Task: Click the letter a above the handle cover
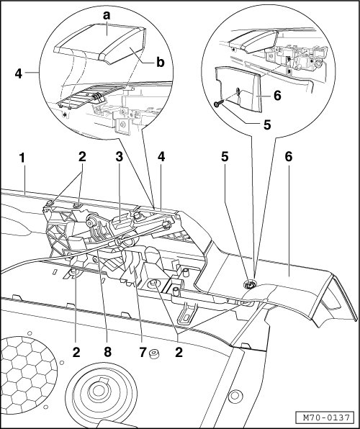(x=107, y=15)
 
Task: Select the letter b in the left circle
(x=161, y=62)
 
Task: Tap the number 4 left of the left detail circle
(x=18, y=73)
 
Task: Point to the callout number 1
(x=22, y=158)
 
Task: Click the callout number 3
(x=119, y=157)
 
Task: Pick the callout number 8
(x=107, y=352)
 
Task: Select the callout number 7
(x=143, y=352)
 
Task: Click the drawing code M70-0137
(x=327, y=417)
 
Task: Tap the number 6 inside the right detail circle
(x=277, y=96)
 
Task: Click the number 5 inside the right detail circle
(x=267, y=125)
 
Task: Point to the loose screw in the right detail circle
(x=219, y=104)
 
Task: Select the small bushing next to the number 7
(x=154, y=354)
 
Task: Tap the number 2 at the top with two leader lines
(x=82, y=157)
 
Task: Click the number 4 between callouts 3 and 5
(x=161, y=157)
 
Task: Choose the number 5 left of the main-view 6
(x=225, y=157)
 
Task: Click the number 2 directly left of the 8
(x=76, y=352)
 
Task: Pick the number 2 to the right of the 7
(x=179, y=352)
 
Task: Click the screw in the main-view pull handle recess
(x=249, y=285)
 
